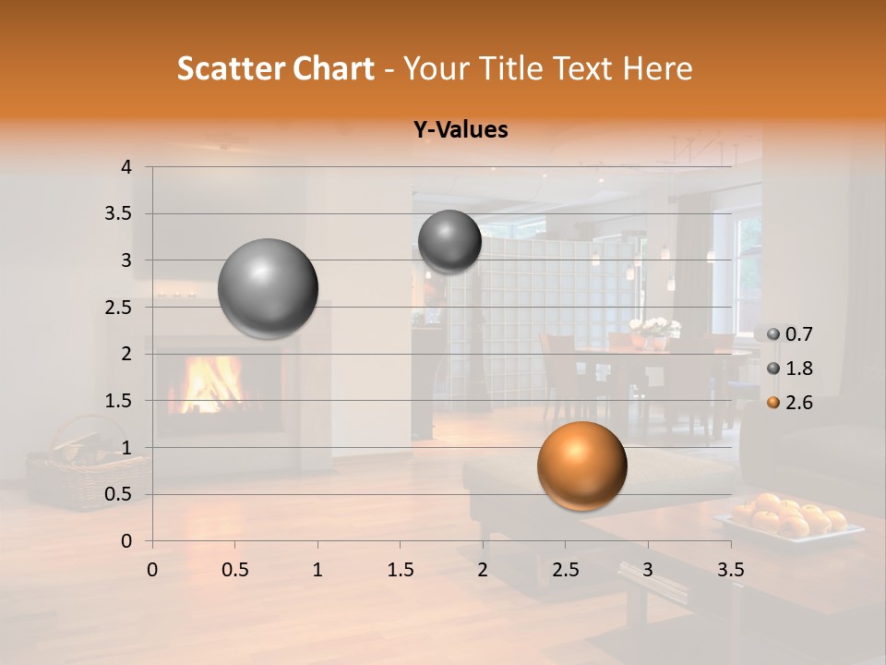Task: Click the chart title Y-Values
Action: coord(460,130)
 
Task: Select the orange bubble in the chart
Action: coord(581,466)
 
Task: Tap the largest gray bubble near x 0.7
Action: coord(268,288)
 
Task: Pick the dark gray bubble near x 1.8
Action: coord(449,242)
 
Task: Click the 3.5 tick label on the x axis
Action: coord(730,570)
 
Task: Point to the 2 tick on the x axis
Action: coord(483,570)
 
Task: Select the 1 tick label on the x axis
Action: coord(317,570)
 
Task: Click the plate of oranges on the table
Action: coord(790,519)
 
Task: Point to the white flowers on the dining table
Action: coord(654,328)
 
